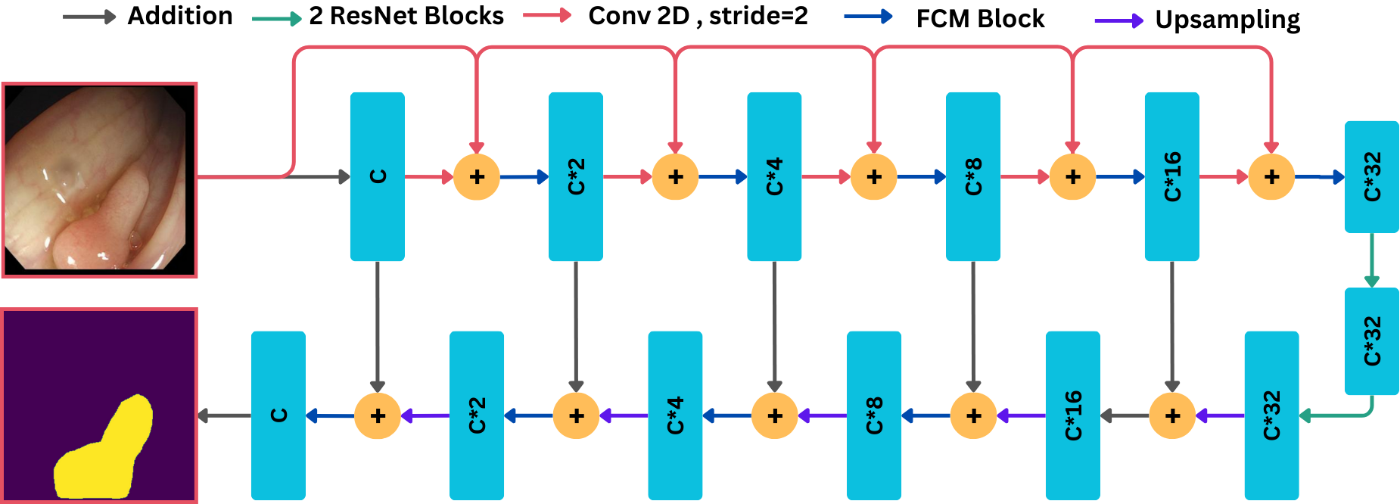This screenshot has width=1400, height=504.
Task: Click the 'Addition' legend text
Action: click(180, 16)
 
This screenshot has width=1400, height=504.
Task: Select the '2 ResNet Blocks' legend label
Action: click(406, 16)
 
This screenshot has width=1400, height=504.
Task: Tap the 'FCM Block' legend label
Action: click(980, 19)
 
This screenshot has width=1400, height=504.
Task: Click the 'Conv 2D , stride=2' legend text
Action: click(698, 16)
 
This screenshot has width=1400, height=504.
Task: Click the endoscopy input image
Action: click(99, 180)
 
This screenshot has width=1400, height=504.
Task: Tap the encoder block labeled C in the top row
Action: click(378, 176)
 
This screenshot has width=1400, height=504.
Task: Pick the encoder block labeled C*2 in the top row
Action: click(576, 176)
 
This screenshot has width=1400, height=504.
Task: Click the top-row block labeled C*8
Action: click(973, 176)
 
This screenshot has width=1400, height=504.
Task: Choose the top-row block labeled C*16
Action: click(1172, 176)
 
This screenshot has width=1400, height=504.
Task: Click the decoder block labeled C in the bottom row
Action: click(278, 415)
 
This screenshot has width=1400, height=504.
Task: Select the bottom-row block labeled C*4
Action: click(676, 415)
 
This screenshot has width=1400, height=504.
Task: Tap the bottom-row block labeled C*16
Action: click(1073, 415)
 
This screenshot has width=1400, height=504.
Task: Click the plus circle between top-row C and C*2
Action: click(477, 177)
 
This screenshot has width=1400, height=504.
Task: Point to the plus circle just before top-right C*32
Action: click(1271, 177)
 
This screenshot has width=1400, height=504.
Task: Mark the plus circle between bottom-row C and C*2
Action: click(378, 415)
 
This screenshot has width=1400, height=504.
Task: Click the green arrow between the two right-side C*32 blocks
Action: click(1371, 260)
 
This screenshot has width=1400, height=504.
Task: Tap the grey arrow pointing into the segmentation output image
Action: click(224, 415)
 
